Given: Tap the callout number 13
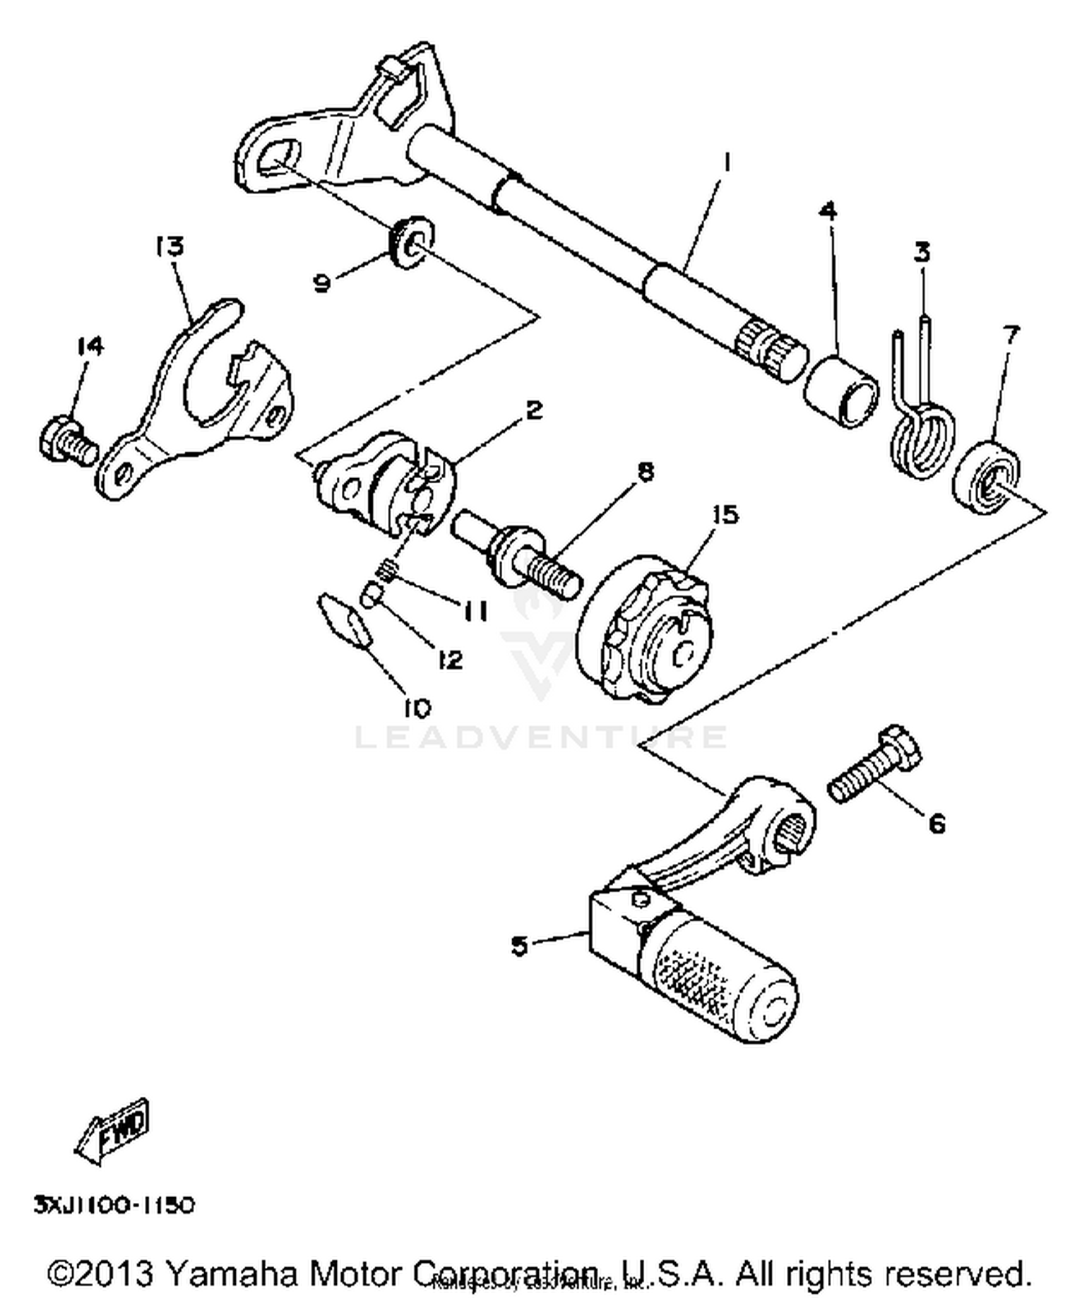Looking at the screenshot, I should tap(170, 247).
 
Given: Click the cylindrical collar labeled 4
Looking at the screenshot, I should tap(842, 390).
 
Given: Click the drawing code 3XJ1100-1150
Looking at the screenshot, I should tap(114, 1205).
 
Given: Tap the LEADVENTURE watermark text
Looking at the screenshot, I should tap(541, 737).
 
